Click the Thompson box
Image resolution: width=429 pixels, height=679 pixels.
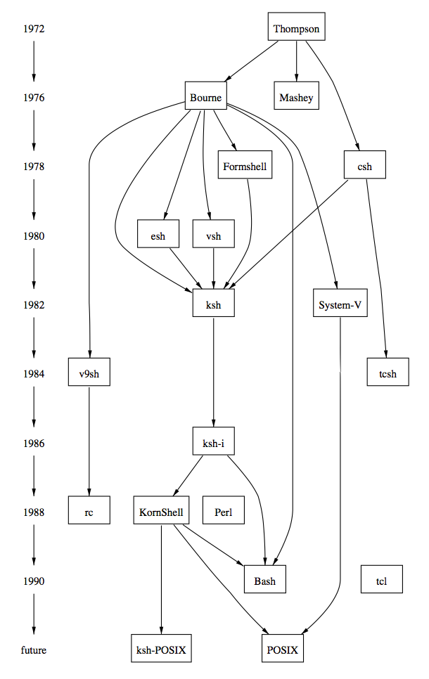pyautogui.click(x=296, y=29)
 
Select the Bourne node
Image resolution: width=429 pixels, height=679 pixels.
pyautogui.click(x=205, y=97)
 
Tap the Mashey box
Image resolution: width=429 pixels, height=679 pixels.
pyautogui.click(x=296, y=97)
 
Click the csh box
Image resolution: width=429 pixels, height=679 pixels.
pyautogui.click(x=364, y=167)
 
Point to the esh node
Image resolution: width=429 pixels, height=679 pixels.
pyautogui.click(x=158, y=235)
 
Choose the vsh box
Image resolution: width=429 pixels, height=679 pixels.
pyautogui.click(x=213, y=235)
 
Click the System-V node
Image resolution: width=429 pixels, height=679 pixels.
pyautogui.click(x=340, y=304)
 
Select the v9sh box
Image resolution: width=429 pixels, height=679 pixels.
pyautogui.click(x=89, y=373)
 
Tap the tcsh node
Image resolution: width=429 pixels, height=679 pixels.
pyautogui.click(x=388, y=373)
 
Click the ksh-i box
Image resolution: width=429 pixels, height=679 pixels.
pyautogui.click(x=213, y=443)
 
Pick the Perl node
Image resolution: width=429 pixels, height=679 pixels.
pyautogui.click(x=223, y=512)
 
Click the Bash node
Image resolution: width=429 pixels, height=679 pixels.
pyautogui.click(x=264, y=581)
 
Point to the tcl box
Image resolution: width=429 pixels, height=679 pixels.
pyautogui.click(x=381, y=581)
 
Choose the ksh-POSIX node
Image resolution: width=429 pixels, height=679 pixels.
pyautogui.click(x=161, y=650)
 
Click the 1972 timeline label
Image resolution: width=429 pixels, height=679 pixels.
pyautogui.click(x=34, y=30)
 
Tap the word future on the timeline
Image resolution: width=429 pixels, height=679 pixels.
pyautogui.click(x=34, y=650)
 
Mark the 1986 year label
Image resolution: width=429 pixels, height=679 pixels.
pyautogui.click(x=34, y=444)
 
